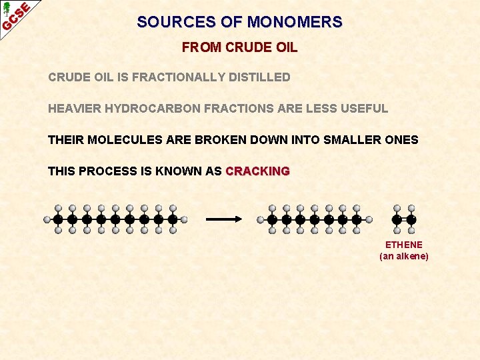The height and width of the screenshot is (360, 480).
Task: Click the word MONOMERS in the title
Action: (295, 22)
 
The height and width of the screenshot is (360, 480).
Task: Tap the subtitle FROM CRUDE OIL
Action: (239, 48)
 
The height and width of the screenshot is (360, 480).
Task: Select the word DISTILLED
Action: (259, 77)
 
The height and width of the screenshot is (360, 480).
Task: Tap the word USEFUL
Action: (366, 109)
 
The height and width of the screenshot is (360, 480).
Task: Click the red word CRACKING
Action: (257, 171)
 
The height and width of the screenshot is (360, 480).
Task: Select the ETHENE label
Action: (403, 245)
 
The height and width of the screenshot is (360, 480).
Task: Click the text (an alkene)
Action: (403, 256)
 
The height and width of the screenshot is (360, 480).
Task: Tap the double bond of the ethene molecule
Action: (404, 219)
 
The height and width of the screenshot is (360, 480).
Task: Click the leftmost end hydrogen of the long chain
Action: (47, 219)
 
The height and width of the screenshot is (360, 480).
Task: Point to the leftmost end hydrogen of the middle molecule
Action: (261, 219)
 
